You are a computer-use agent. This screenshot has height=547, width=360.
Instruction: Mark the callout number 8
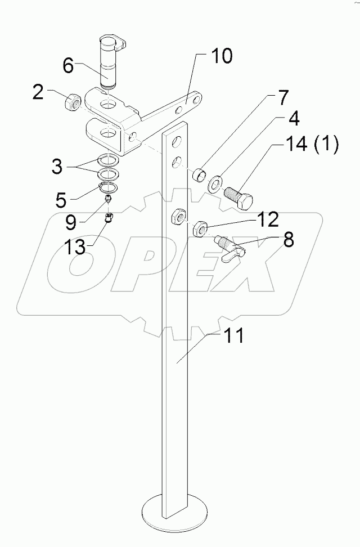click(x=288, y=241)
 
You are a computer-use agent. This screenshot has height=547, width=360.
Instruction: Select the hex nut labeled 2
click(x=73, y=102)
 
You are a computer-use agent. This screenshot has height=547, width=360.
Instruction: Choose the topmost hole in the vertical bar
click(x=177, y=140)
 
